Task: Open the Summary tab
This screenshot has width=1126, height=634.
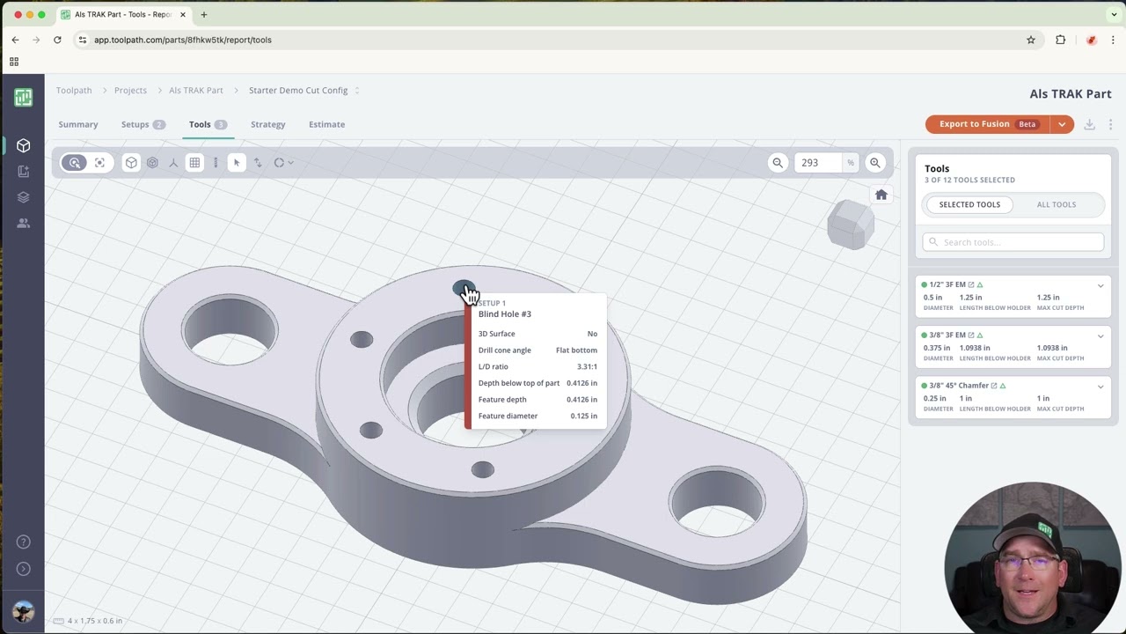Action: point(78,124)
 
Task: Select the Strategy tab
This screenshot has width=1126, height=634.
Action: point(267,124)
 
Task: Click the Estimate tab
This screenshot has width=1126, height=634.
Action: point(326,124)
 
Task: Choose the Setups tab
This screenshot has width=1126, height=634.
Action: point(135,124)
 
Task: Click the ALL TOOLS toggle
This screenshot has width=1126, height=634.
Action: point(1056,204)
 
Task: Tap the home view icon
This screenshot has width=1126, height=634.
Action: point(881,195)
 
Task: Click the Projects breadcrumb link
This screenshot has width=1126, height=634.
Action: point(130,90)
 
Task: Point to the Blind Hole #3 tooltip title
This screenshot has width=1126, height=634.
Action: point(505,313)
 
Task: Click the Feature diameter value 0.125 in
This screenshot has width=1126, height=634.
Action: point(583,416)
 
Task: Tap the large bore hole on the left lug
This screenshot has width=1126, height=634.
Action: point(230,333)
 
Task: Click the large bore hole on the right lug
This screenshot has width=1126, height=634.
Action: point(716,504)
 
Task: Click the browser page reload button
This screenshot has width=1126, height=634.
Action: point(57,40)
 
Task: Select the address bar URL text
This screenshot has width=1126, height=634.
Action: point(183,40)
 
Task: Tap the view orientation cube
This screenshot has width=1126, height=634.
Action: point(850,224)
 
